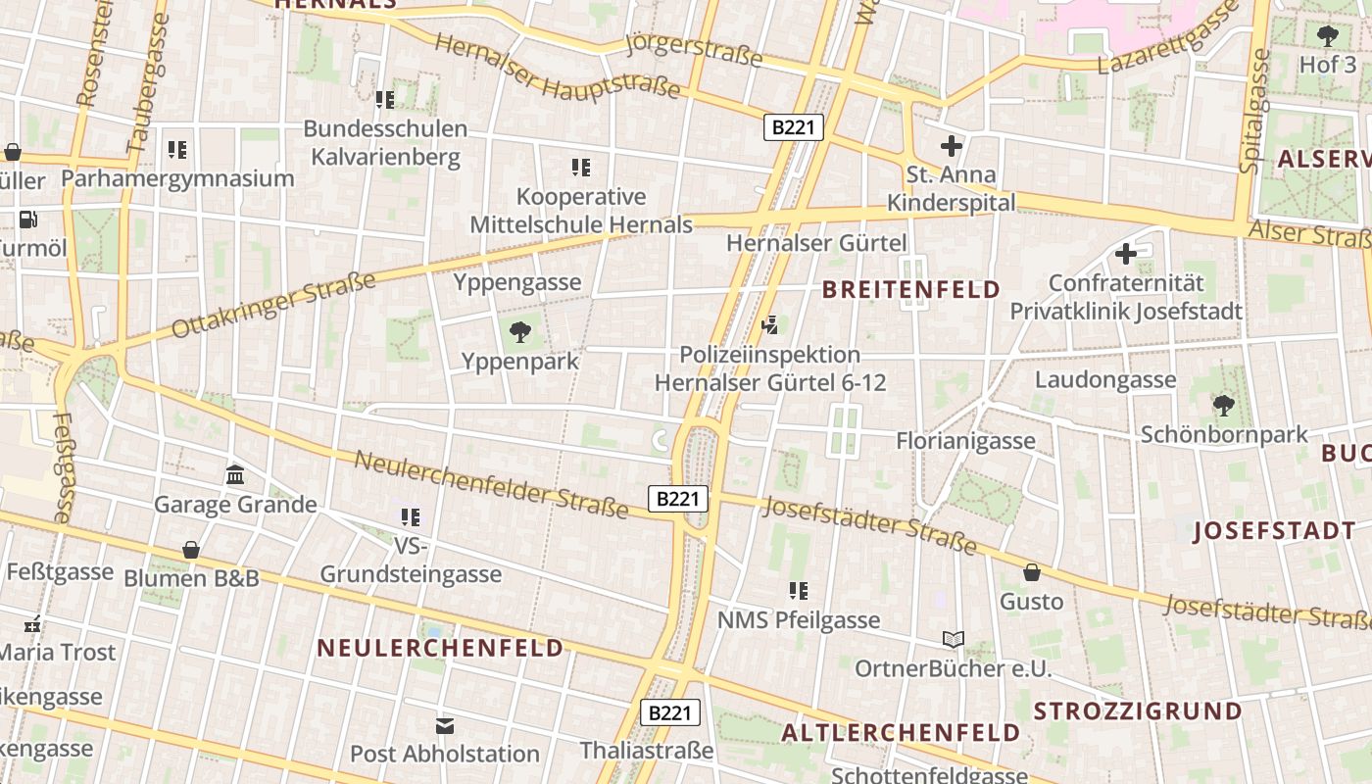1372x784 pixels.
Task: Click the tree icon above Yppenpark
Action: click(x=520, y=332)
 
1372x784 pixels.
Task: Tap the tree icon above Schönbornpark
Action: click(x=1223, y=405)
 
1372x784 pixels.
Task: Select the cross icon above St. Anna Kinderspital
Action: click(x=951, y=147)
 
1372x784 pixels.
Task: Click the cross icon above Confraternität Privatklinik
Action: click(x=1126, y=254)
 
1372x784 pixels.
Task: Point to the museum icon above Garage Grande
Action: click(x=235, y=475)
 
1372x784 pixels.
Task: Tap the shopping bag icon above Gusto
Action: click(x=1031, y=572)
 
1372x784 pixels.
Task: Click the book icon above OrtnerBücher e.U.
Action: click(x=953, y=640)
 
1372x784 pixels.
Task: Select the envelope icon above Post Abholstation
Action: click(x=445, y=725)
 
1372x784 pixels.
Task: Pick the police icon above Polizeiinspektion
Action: click(x=770, y=324)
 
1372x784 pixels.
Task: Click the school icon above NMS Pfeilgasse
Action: click(x=799, y=590)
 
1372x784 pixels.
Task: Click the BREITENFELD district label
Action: click(x=911, y=290)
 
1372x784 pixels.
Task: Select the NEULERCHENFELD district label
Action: click(x=441, y=648)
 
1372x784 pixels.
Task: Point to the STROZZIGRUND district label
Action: click(x=1138, y=711)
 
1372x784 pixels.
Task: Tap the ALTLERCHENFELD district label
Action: click(x=901, y=733)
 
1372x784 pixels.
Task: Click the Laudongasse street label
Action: click(x=1105, y=380)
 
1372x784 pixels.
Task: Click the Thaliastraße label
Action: click(x=647, y=751)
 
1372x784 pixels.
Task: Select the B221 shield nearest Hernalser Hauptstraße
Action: click(x=794, y=127)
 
